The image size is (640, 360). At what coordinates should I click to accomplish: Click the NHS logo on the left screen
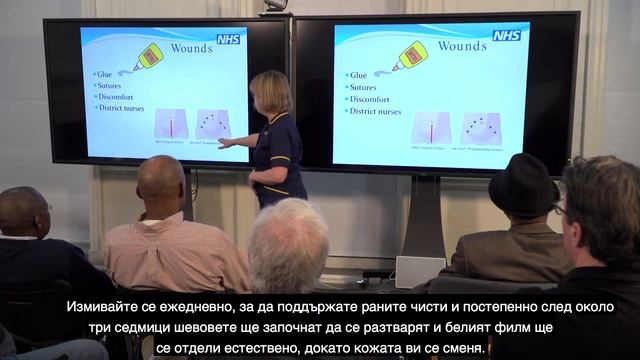pyautogui.click(x=228, y=39)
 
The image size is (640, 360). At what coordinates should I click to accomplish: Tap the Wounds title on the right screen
pyautogui.click(x=463, y=46)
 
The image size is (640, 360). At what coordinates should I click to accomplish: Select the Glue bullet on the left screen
pyautogui.click(x=104, y=74)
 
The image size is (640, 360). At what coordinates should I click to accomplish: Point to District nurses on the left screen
pyautogui.click(x=124, y=108)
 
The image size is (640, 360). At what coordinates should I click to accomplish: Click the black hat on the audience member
pyautogui.click(x=523, y=183)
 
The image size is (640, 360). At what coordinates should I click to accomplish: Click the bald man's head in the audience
pyautogui.click(x=161, y=179)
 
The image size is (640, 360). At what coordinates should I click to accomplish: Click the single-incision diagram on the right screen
pyautogui.click(x=431, y=127)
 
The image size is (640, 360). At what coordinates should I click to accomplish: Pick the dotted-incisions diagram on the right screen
pyautogui.click(x=480, y=127)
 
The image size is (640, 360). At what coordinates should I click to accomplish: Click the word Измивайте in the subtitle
pyautogui.click(x=103, y=306)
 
